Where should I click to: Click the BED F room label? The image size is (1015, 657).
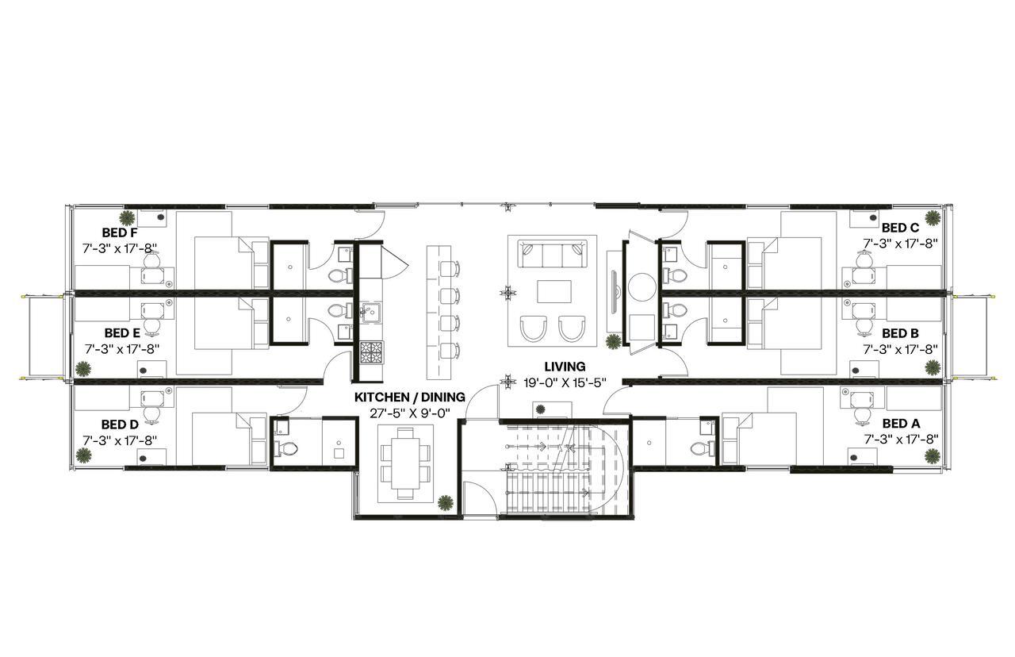120,233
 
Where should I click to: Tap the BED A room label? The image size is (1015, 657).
900,424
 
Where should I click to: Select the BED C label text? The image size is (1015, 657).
900,228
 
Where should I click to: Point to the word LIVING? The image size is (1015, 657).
565,367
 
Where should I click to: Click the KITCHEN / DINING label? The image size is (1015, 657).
410,397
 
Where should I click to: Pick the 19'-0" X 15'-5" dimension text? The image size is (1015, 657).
553,382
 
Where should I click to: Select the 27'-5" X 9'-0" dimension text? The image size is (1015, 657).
410,413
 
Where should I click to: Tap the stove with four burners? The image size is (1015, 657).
370,352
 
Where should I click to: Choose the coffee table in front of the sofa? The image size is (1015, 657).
553,292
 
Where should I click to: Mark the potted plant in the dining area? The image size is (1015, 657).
446,501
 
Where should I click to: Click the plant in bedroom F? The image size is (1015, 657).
127,217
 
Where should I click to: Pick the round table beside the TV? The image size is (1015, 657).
641,287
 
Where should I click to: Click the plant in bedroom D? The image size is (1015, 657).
83,455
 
